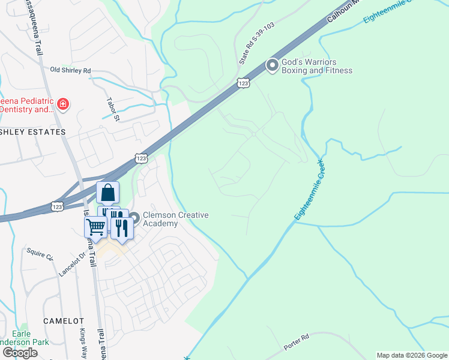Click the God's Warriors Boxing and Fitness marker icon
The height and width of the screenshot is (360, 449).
pos(273,65)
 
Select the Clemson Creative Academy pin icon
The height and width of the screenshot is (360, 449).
pos(134,218)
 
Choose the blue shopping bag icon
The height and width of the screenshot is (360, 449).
pos(108,193)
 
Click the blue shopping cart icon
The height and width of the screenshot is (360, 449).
pos(95,227)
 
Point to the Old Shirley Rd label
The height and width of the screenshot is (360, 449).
pos(70,71)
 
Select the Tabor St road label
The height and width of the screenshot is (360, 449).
pos(113,109)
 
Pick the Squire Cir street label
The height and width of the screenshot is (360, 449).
pos(39,254)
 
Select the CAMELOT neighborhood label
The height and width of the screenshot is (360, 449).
pos(64,321)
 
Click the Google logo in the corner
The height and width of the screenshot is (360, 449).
pos(20,353)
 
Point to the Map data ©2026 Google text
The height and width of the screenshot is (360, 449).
pos(412,355)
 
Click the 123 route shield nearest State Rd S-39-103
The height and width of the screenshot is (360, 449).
pos(243,83)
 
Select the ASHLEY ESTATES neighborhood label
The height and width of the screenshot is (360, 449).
pos(32,131)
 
